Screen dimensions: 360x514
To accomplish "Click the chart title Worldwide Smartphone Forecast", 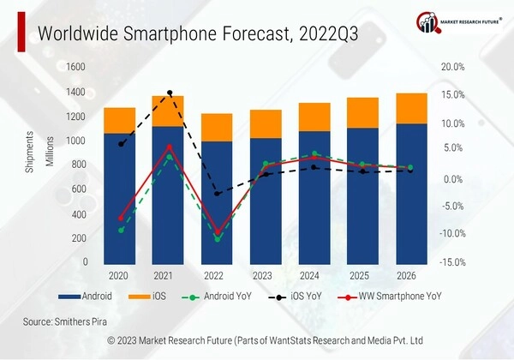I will click(x=198, y=33).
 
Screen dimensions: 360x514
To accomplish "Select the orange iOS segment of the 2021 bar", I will click(x=168, y=111).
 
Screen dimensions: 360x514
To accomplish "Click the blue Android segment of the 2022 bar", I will click(x=217, y=201).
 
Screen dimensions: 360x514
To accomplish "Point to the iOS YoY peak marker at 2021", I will click(x=169, y=93).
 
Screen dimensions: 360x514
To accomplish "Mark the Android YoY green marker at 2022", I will click(x=218, y=239).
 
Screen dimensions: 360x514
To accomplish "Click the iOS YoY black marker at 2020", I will click(x=121, y=144).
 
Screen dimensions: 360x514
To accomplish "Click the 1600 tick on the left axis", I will click(x=76, y=67).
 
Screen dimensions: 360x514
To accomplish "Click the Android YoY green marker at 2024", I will click(x=315, y=154).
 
